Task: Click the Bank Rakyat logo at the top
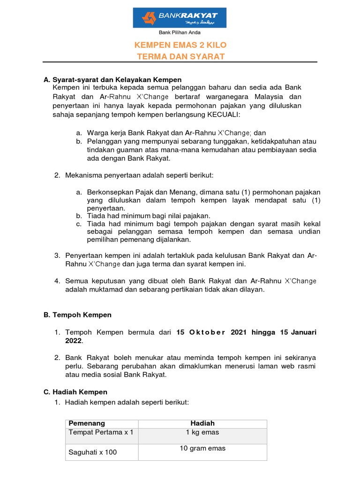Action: (180, 18)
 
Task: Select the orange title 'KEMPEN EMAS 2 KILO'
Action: (180, 45)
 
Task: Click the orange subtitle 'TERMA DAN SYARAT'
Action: (180, 57)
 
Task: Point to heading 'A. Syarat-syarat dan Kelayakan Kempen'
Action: (112, 80)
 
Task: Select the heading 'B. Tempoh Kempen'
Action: (77, 315)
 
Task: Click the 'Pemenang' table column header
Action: (87, 423)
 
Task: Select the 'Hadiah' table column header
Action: (202, 423)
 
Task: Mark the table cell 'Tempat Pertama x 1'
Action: (101, 432)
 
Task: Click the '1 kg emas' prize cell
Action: (202, 432)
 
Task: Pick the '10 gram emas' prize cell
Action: (202, 449)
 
